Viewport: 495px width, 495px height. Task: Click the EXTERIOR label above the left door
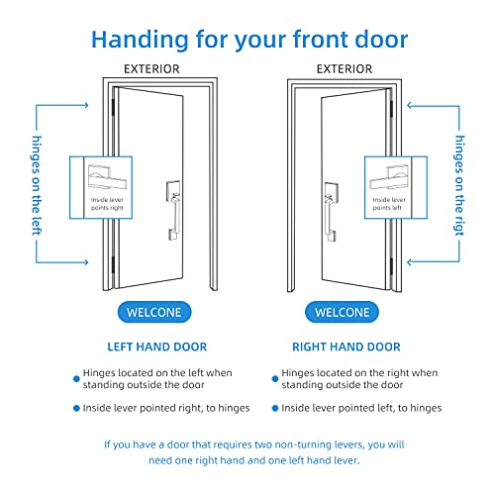point(150,69)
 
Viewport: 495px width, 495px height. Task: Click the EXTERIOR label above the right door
point(346,69)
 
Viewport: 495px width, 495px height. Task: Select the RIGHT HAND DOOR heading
point(346,347)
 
